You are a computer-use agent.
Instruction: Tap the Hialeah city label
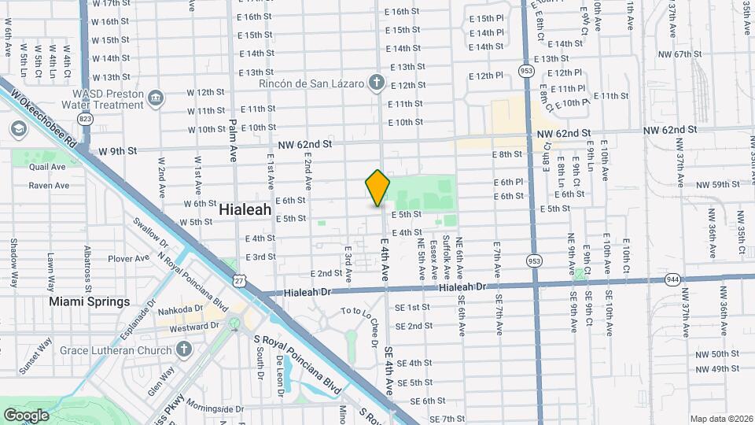245,210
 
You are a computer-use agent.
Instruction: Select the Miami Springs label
90,301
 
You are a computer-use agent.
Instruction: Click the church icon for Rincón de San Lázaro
377,83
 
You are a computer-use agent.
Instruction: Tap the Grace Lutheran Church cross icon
184,349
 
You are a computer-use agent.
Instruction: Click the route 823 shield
85,118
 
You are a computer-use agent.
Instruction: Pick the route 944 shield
673,279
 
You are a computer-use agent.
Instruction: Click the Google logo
26,415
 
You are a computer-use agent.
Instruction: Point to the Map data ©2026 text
720,418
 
